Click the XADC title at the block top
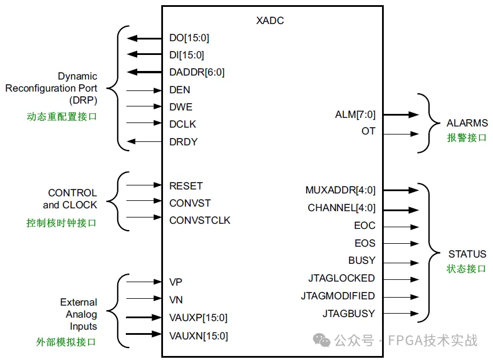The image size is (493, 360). pyautogui.click(x=270, y=21)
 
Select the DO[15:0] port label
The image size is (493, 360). pyautogui.click(x=189, y=38)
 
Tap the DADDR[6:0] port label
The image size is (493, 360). pyautogui.click(x=197, y=72)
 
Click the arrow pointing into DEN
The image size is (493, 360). pyautogui.click(x=144, y=90)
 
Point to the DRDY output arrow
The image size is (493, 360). pyautogui.click(x=144, y=142)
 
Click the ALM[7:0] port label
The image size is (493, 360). pyautogui.click(x=355, y=114)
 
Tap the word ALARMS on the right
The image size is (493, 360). pyautogui.click(x=467, y=123)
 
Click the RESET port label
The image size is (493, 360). pyautogui.click(x=186, y=185)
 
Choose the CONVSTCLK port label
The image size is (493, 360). pyautogui.click(x=200, y=220)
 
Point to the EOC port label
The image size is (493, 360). pyautogui.click(x=364, y=226)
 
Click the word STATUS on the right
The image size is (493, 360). pyautogui.click(x=467, y=254)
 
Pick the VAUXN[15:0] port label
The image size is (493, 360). pyautogui.click(x=198, y=335)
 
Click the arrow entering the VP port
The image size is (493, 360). pyautogui.click(x=144, y=282)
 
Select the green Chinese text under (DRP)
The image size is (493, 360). pyautogui.click(x=61, y=117)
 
